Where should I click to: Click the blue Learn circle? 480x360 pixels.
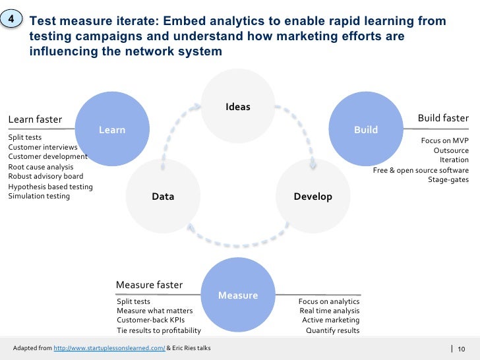[x=112, y=130]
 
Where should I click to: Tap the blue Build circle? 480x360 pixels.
[x=365, y=130]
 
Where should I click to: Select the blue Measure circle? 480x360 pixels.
[x=238, y=295]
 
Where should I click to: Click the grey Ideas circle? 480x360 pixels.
[x=238, y=106]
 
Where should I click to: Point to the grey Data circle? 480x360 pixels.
[x=163, y=196]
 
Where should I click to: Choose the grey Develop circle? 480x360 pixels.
[x=313, y=196]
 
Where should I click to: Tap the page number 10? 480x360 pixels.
[x=461, y=349]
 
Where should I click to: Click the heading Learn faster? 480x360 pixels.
[x=35, y=119]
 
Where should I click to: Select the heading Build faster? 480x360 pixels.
[x=443, y=118]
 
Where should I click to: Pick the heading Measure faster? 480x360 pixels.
[x=149, y=285]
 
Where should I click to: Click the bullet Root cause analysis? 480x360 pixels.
[x=41, y=167]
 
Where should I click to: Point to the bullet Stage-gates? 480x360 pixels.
[x=448, y=179]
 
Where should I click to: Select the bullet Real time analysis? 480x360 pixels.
[x=329, y=311]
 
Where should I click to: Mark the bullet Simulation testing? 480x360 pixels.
[x=39, y=196]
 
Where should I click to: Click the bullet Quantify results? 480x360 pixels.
[x=333, y=330]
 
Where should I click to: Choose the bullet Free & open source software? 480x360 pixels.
[x=421, y=170]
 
